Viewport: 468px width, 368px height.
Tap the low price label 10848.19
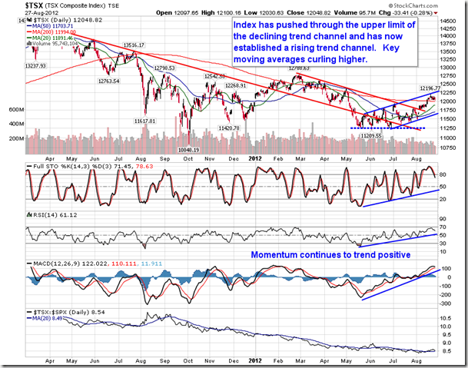click(193, 150)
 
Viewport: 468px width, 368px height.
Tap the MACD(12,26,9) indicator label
click(51, 266)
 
